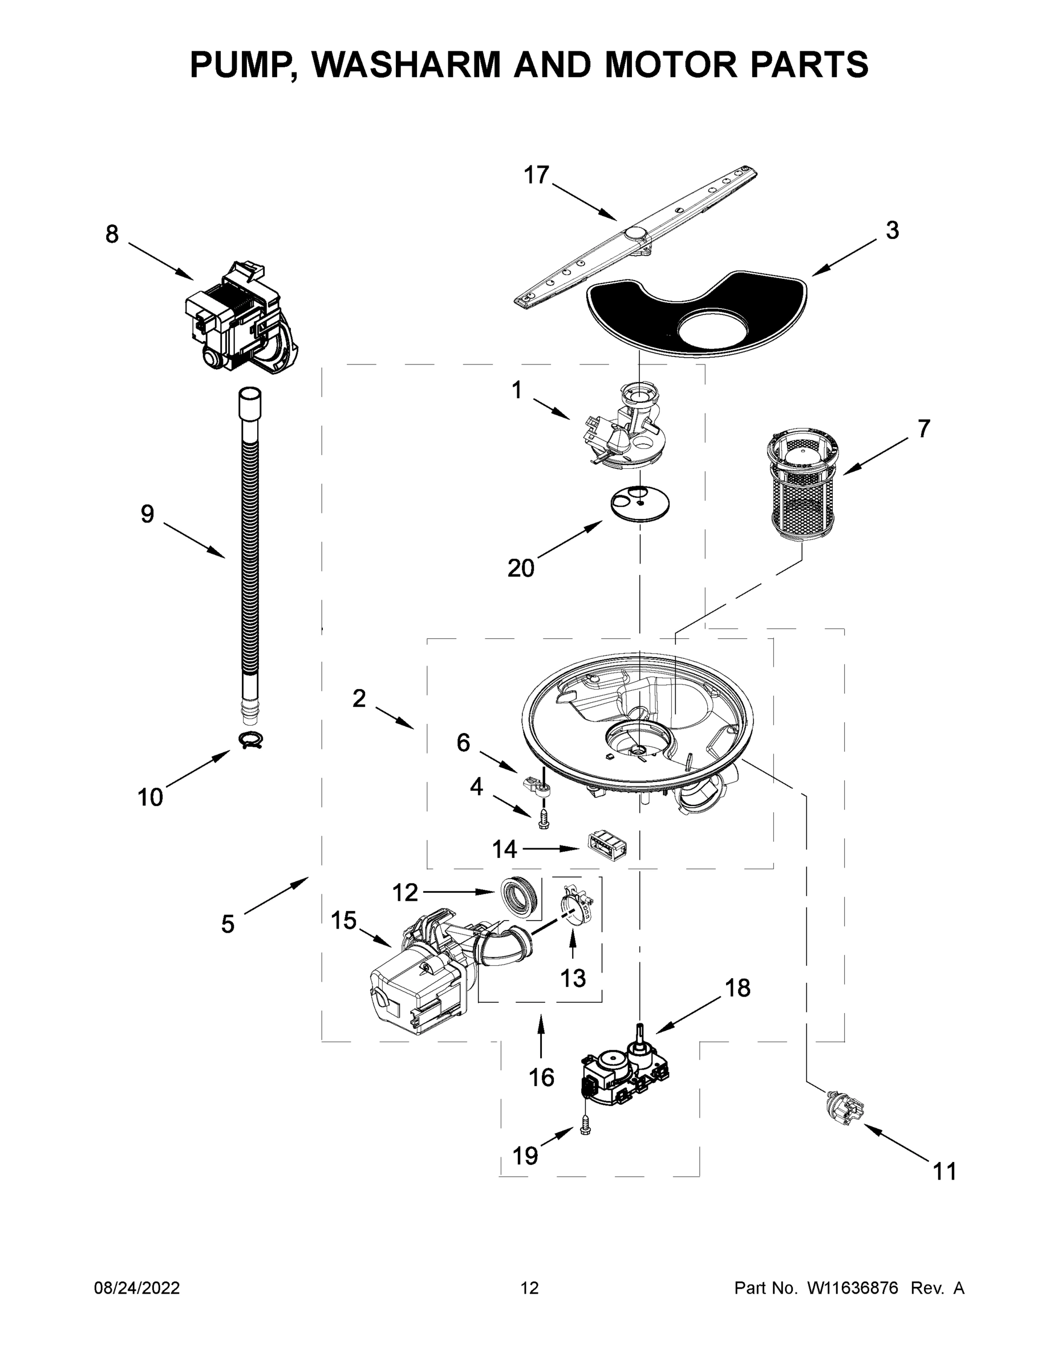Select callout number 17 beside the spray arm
[x=537, y=175]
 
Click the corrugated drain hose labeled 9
[x=250, y=552]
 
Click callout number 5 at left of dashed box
[x=228, y=924]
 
